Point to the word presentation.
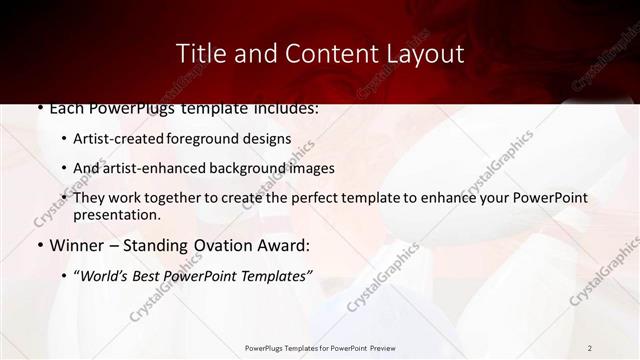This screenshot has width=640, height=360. [x=116, y=215]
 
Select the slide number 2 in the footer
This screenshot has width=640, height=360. [x=590, y=348]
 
